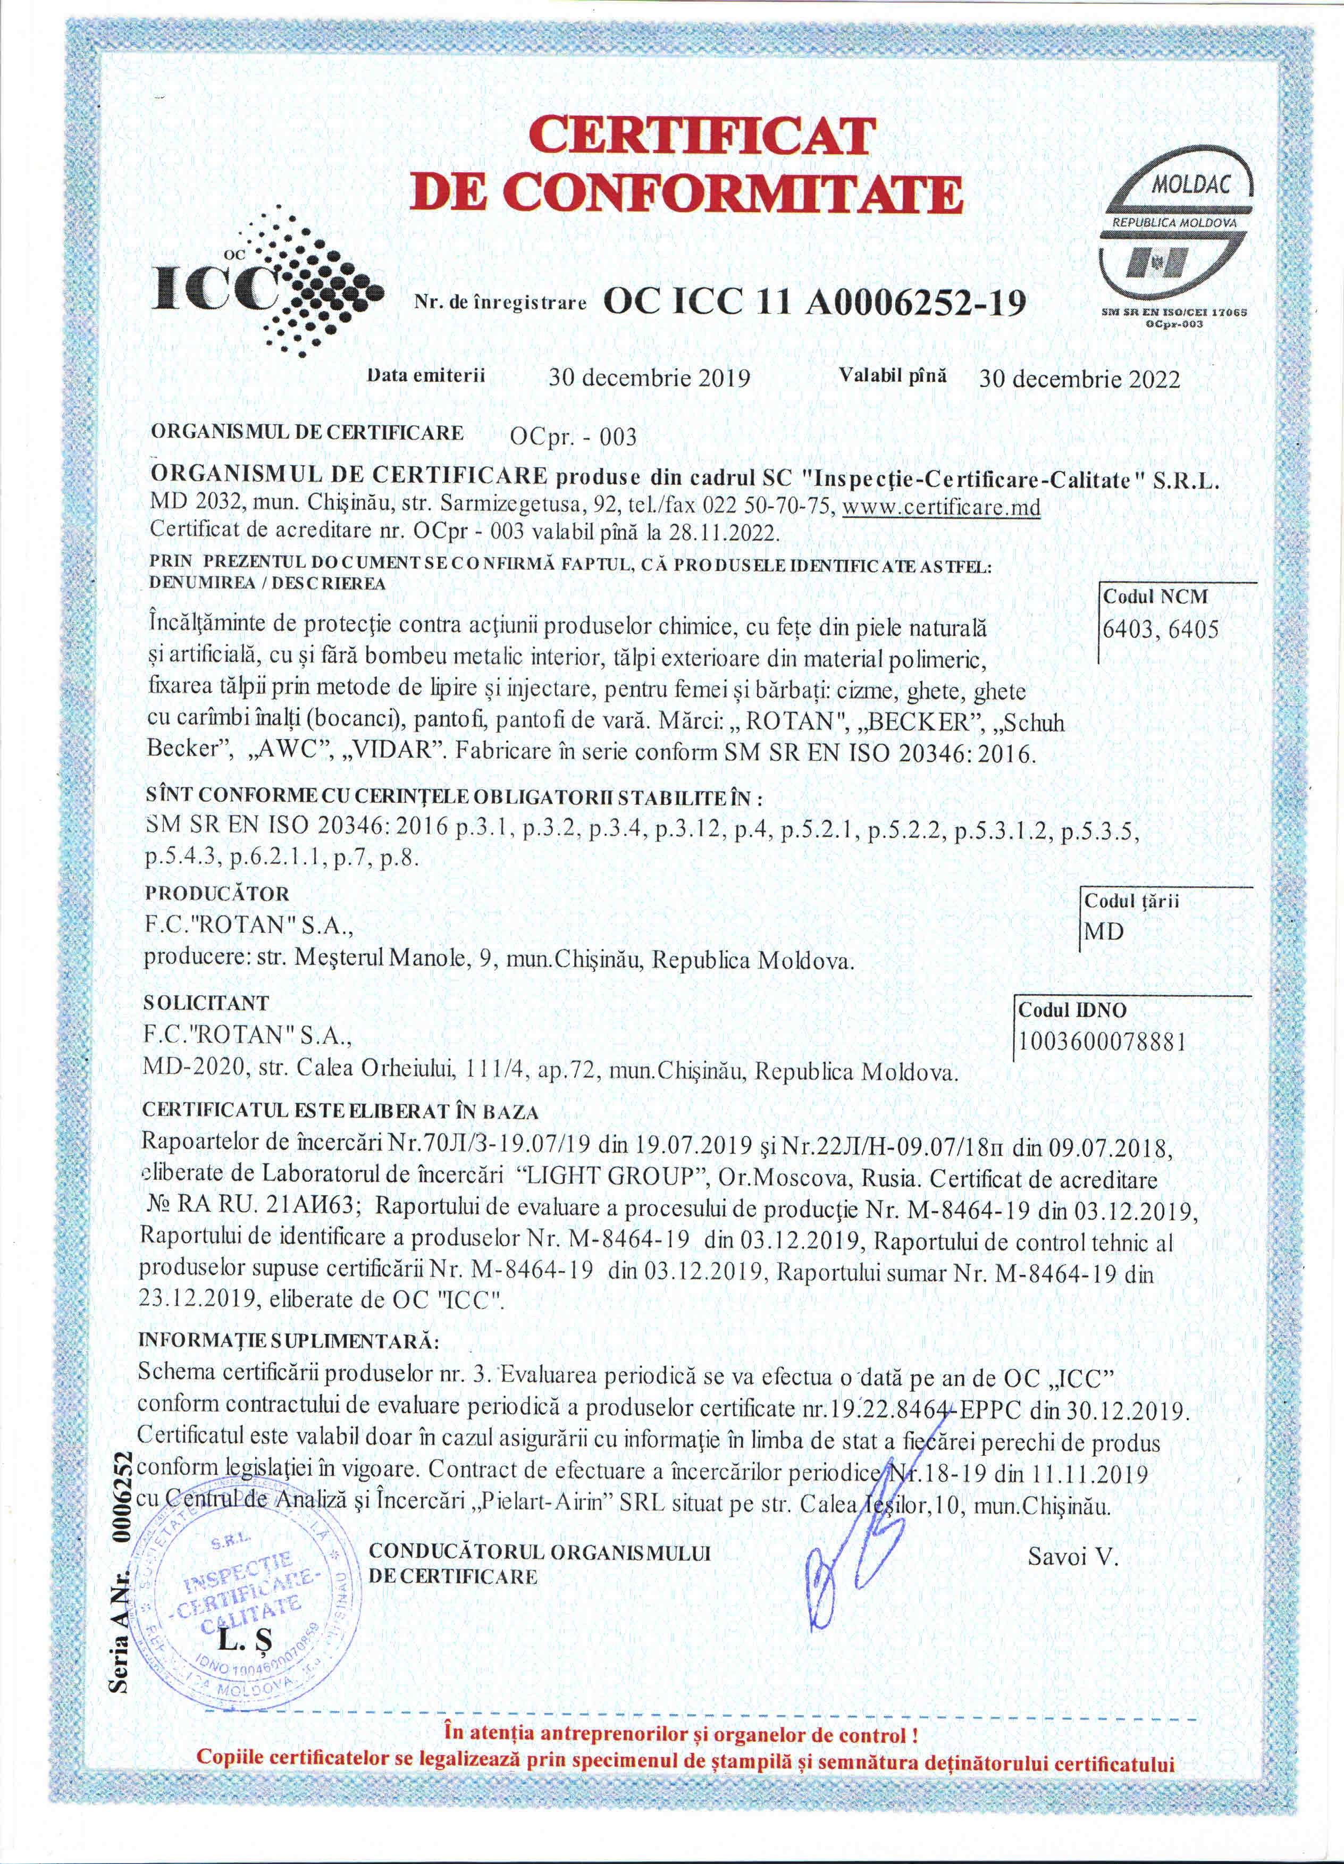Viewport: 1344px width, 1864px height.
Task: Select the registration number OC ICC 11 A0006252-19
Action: tap(814, 304)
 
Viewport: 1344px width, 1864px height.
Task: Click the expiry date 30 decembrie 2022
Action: tap(1079, 379)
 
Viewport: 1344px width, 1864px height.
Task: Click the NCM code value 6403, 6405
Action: tap(1160, 629)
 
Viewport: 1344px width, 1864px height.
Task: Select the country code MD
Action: tap(1104, 932)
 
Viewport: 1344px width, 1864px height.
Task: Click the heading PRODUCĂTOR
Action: tap(216, 893)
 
